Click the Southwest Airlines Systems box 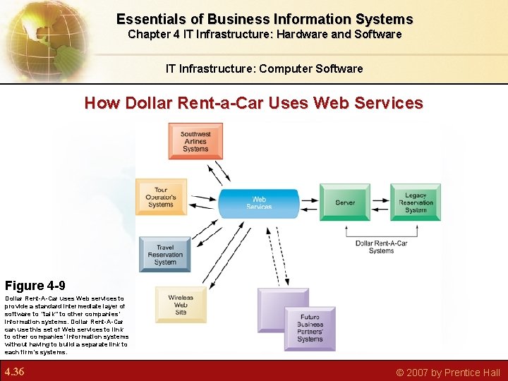tap(195, 141)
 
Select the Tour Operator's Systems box tap(161, 197)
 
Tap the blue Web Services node tap(259, 202)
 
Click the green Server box tap(345, 202)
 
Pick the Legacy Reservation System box tap(416, 202)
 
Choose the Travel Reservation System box tap(165, 255)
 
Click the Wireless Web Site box tap(181, 305)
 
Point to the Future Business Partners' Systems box tap(310, 328)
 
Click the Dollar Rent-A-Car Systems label tap(381, 247)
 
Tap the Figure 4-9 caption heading tap(35, 286)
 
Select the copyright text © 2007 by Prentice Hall tap(447, 373)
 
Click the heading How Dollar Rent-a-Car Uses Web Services tap(253, 103)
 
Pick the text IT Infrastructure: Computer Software tap(264, 68)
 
